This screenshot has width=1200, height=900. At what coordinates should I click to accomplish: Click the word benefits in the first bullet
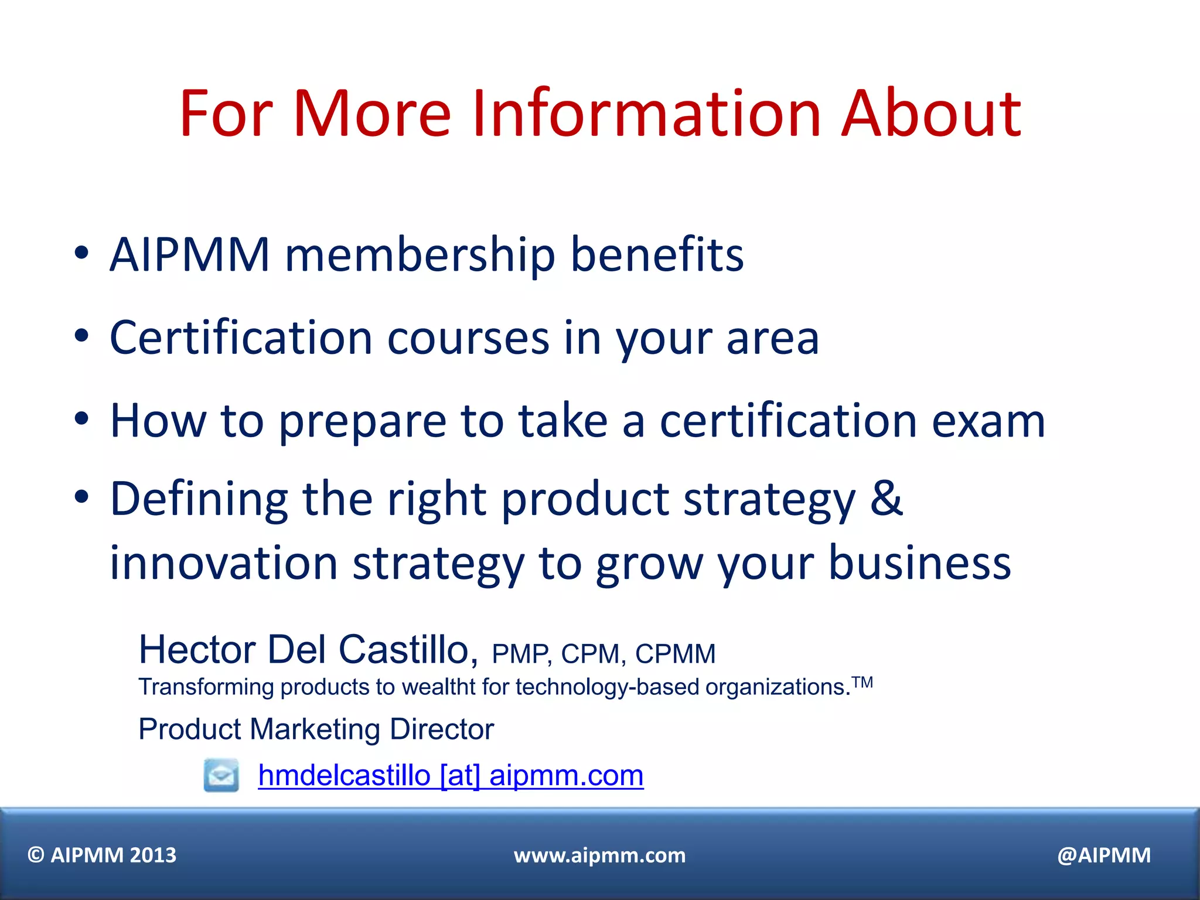coord(657,255)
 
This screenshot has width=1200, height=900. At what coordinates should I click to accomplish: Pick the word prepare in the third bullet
coord(362,422)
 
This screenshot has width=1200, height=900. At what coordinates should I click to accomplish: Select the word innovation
coord(224,563)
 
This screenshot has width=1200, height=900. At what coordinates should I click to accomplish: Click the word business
coord(920,563)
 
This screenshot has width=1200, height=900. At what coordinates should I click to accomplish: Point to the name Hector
coord(197,650)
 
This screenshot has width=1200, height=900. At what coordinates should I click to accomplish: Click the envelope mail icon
coord(221,775)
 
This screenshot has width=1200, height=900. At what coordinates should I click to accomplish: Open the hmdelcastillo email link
coord(451,776)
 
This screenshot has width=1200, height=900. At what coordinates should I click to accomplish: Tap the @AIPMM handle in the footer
coord(1104,855)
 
